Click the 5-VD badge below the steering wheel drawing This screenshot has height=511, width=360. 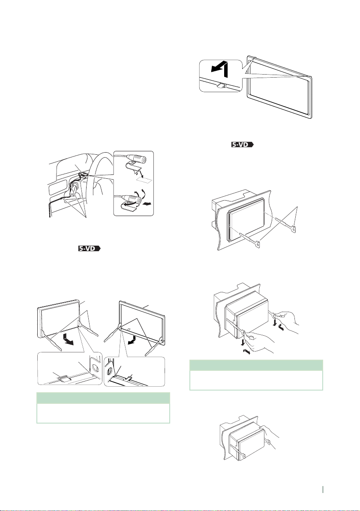89,248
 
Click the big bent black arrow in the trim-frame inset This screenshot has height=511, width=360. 219,71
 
